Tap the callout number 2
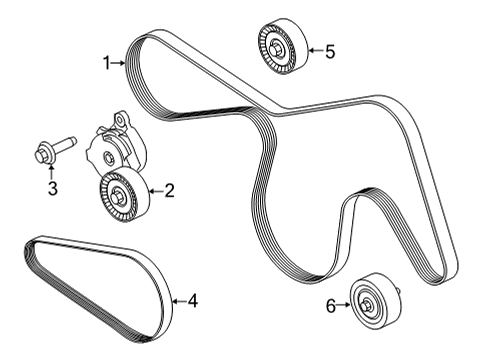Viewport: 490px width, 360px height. point(169,188)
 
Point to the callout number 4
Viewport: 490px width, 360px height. point(193,299)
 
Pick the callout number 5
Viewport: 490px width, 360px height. point(329,51)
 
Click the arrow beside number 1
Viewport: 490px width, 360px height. point(120,64)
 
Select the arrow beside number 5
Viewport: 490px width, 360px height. point(313,51)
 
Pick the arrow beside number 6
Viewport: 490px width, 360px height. point(346,306)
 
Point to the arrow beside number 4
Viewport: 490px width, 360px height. point(178,299)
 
